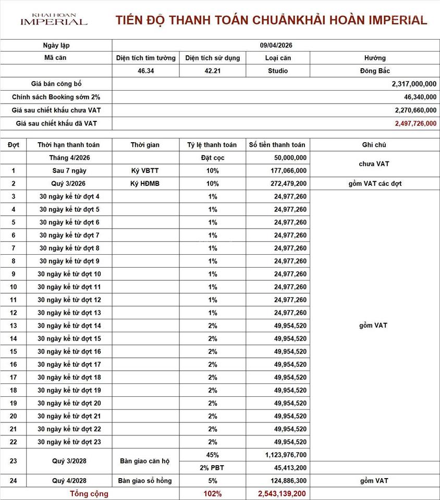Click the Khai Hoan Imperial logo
[x=54, y=19]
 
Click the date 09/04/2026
[x=276, y=45]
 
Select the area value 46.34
[x=145, y=71]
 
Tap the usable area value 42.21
[x=213, y=71]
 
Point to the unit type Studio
[x=278, y=71]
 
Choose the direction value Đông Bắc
[x=374, y=71]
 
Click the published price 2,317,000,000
[x=414, y=84]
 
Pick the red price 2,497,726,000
[x=415, y=123]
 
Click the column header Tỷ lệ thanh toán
[x=212, y=145]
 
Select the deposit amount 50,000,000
[x=290, y=158]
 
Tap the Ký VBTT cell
[x=145, y=171]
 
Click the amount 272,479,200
[x=286, y=184]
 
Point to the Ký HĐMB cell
[x=145, y=184]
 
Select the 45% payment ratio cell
[x=212, y=455]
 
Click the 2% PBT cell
[x=212, y=468]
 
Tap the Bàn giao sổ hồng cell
[x=145, y=481]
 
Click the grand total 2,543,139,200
[x=282, y=493]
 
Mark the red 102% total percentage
[x=212, y=493]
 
